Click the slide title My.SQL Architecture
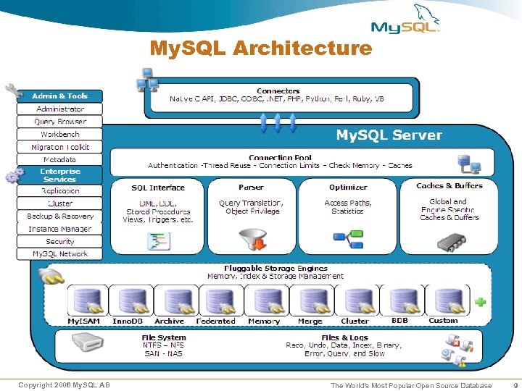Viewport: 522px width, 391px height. (260, 49)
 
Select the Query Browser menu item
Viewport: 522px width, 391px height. (59, 122)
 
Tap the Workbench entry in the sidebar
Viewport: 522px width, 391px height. (59, 134)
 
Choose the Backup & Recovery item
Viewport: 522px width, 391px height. (59, 216)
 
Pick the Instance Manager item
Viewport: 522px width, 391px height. (59, 229)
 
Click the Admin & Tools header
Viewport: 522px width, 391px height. (59, 96)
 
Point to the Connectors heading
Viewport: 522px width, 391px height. (278, 91)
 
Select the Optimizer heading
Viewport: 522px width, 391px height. (348, 187)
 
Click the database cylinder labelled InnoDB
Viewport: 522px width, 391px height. (131, 300)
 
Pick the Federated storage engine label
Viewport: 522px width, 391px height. (215, 321)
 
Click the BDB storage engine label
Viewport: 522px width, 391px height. (399, 320)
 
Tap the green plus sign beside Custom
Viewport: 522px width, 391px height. (479, 301)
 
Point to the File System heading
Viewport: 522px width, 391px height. (163, 337)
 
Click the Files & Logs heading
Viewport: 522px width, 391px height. (344, 337)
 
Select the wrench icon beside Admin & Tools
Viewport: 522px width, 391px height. (13, 91)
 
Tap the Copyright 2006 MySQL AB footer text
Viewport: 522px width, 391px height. (64, 385)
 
